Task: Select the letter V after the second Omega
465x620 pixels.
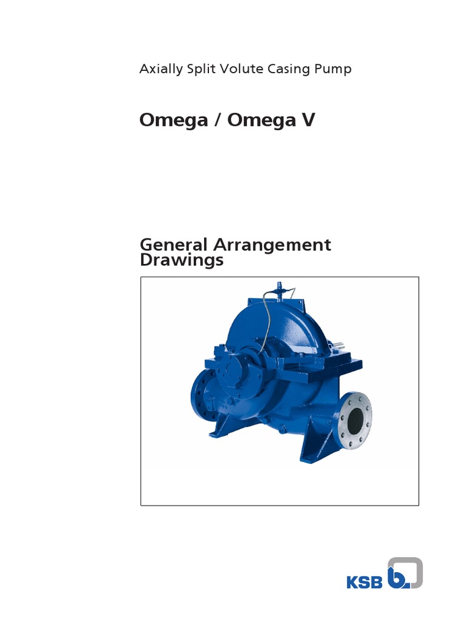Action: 308,120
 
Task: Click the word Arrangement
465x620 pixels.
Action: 273,245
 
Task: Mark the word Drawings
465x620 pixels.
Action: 182,260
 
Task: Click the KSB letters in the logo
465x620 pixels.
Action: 364,583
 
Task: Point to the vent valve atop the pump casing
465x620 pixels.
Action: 279,288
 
